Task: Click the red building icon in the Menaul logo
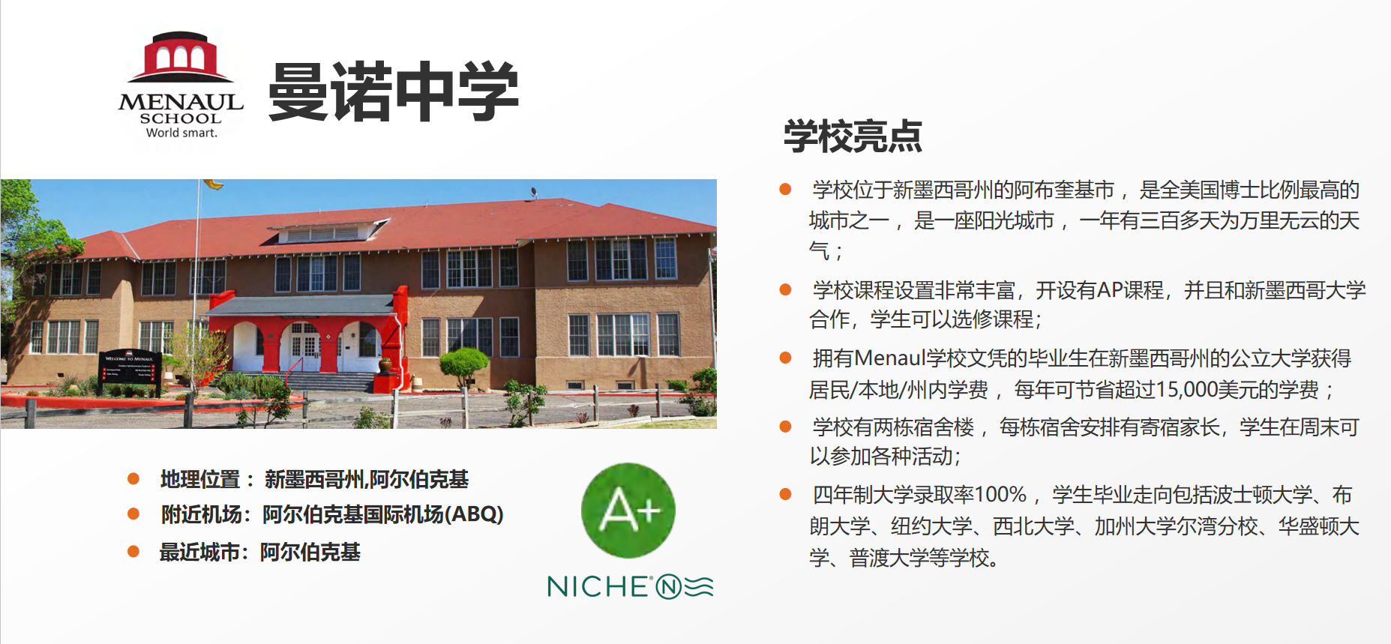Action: [x=180, y=57]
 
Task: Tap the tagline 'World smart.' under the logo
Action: [x=181, y=133]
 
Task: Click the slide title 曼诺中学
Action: [x=394, y=91]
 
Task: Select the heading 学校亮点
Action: [x=853, y=136]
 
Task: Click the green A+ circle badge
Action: [x=628, y=511]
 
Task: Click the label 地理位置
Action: [x=200, y=479]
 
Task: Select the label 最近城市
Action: [x=199, y=552]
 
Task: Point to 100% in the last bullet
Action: [x=1000, y=495]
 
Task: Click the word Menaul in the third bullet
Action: [x=890, y=358]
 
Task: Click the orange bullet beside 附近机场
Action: [x=133, y=514]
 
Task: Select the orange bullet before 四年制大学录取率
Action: [x=786, y=494]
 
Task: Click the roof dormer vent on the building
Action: [x=329, y=231]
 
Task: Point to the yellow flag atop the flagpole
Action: [x=214, y=184]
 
